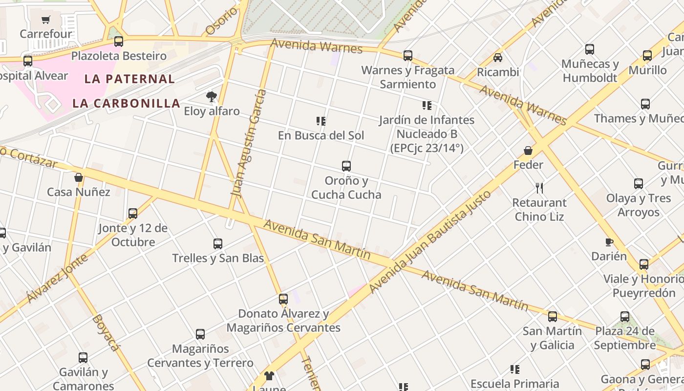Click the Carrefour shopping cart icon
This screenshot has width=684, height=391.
point(46,20)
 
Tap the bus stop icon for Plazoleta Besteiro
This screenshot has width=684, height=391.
point(119,42)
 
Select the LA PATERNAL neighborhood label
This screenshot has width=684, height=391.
point(129,79)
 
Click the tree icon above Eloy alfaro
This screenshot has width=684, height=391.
point(211,97)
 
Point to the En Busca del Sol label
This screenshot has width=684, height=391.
point(321,135)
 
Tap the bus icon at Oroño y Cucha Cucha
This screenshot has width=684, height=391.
point(346,166)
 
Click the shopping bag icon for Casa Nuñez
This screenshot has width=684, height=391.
point(78,177)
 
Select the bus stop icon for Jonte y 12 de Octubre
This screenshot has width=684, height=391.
point(133,214)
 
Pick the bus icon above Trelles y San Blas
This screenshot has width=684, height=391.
point(218,243)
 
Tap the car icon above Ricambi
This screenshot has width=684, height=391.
point(498,58)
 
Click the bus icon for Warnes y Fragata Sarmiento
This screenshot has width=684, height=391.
point(408,56)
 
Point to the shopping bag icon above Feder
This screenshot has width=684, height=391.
point(528,150)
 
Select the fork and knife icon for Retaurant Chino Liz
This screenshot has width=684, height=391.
point(539,188)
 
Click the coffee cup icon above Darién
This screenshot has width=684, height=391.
point(609,242)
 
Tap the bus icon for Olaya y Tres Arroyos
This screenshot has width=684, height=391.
point(639,184)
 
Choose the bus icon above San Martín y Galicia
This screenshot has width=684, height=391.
point(553,317)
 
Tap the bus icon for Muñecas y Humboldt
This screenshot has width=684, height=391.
point(590,49)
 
